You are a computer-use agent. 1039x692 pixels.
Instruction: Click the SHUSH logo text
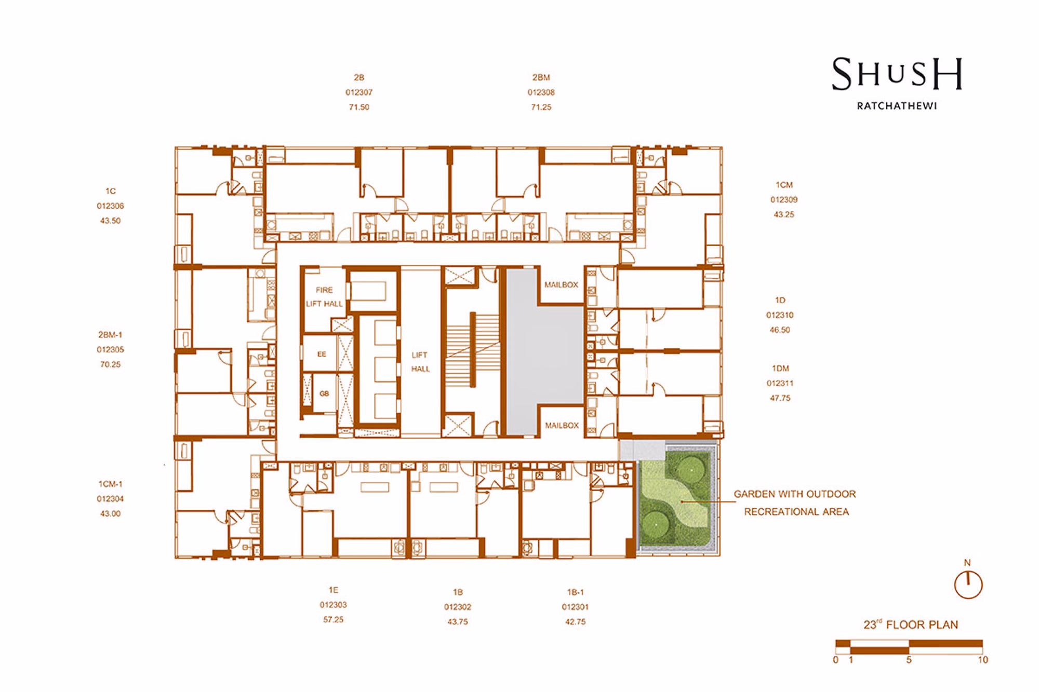897,73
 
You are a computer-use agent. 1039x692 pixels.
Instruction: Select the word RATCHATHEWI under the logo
897,106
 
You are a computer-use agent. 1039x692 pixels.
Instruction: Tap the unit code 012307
359,92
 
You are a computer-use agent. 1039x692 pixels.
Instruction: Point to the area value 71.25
541,107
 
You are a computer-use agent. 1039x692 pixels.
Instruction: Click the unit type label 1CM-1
110,484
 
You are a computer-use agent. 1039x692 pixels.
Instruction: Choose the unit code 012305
110,349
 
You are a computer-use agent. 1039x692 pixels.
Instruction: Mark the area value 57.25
333,619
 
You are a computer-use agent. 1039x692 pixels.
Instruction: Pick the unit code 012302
458,607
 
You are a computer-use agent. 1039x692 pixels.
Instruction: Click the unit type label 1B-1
576,592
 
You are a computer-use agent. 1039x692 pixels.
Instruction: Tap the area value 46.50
780,330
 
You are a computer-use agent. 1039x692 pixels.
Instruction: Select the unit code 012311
780,383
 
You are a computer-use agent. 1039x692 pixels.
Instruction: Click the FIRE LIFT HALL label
324,297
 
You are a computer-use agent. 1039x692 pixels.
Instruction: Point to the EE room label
322,354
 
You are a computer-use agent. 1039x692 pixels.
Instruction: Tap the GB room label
324,394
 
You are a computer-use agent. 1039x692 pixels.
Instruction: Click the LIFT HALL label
420,362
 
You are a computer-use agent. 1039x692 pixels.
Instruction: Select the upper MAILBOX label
561,284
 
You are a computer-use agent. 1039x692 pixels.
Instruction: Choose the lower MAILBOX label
562,425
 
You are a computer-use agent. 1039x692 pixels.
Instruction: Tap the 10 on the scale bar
983,660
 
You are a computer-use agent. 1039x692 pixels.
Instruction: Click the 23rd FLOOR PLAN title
911,625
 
